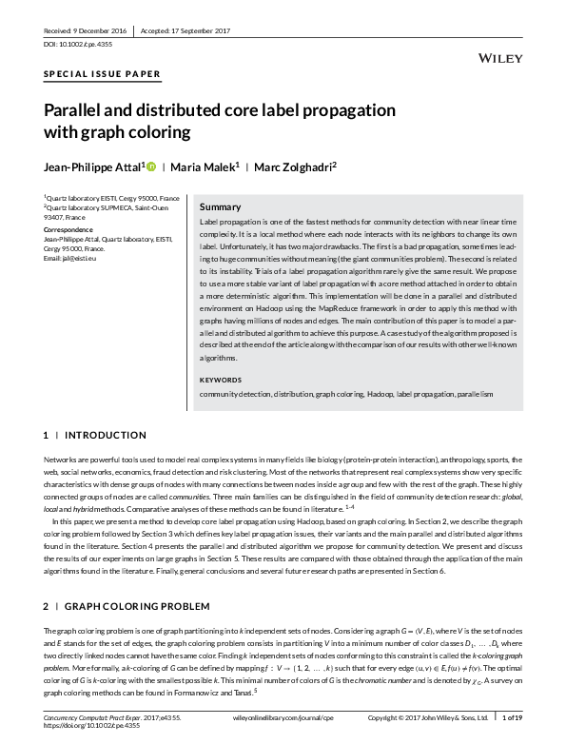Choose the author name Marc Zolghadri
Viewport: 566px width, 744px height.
coord(297,167)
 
